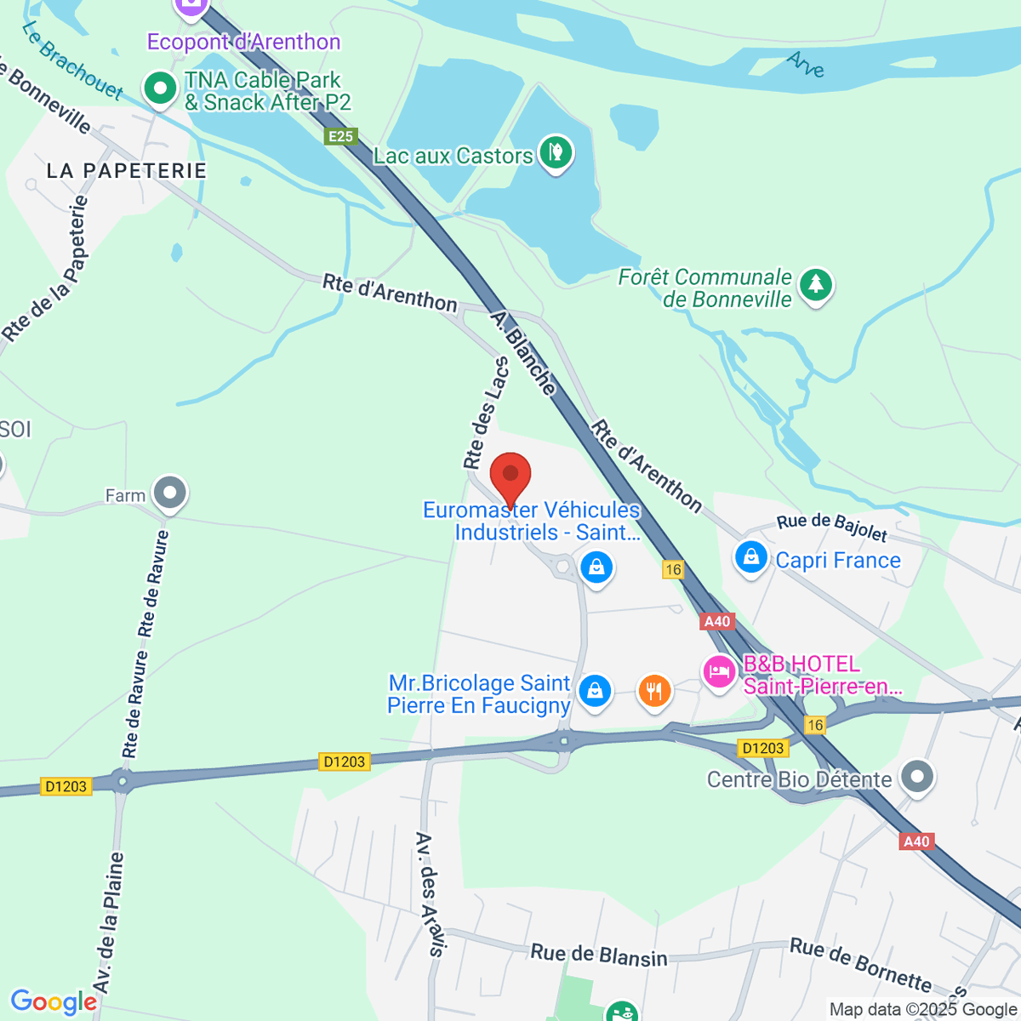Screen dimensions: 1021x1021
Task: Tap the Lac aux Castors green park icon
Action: pyautogui.click(x=556, y=153)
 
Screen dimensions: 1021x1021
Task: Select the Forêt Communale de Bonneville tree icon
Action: pyautogui.click(x=816, y=285)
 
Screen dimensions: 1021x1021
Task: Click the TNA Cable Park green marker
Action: pyautogui.click(x=159, y=88)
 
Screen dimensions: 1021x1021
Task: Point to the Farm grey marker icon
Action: pyautogui.click(x=170, y=493)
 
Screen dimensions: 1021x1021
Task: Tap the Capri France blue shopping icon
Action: pyautogui.click(x=750, y=558)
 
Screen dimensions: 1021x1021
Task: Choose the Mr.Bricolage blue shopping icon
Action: pyautogui.click(x=595, y=692)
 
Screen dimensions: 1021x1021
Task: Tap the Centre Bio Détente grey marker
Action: pyautogui.click(x=917, y=777)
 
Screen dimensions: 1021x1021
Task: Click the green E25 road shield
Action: pyautogui.click(x=340, y=137)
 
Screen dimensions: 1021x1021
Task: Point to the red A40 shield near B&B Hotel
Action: pyautogui.click(x=717, y=622)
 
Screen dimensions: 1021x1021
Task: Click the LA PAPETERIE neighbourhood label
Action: pyautogui.click(x=127, y=171)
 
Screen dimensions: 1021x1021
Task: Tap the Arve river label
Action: pyautogui.click(x=806, y=64)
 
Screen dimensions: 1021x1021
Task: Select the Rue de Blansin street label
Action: pyautogui.click(x=599, y=955)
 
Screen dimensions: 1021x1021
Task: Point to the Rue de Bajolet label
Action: pyautogui.click(x=832, y=528)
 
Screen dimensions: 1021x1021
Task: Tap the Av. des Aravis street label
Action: pyautogui.click(x=430, y=895)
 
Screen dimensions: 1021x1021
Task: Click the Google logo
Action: pyautogui.click(x=54, y=1002)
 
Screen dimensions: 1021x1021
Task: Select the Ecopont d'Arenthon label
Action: pyautogui.click(x=244, y=42)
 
